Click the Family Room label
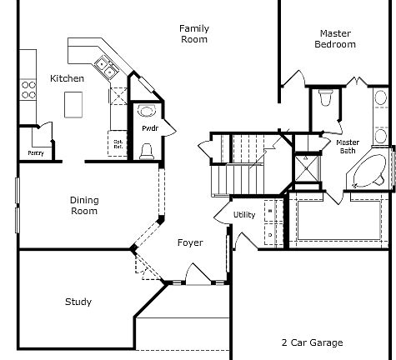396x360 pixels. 193,33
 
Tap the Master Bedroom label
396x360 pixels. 335,39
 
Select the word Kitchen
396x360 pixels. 67,78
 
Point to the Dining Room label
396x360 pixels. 83,205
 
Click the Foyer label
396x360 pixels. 190,243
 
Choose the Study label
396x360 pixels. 78,302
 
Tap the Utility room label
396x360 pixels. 244,215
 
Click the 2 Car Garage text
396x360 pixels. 311,342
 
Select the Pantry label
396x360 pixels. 36,153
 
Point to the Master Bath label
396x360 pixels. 347,147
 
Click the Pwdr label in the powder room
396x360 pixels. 149,128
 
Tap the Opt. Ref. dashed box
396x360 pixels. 118,143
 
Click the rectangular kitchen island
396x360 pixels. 75,103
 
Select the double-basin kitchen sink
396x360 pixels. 105,65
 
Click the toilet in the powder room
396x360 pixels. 147,149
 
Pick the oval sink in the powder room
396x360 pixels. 147,110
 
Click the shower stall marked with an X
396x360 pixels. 306,168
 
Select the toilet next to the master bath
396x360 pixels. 327,99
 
